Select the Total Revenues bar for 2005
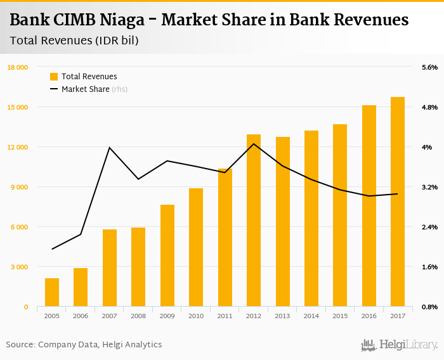pos(52,292)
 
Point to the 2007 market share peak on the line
pos(110,148)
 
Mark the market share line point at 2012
pos(254,143)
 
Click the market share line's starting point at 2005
pos(52,249)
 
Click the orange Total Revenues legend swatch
pos(54,77)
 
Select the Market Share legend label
pos(85,89)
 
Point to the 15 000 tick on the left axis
pos(18,107)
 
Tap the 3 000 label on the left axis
pos(19,267)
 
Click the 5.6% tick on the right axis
pos(429,67)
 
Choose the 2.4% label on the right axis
pos(429,227)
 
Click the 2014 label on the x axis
pos(311,316)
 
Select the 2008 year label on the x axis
pos(138,316)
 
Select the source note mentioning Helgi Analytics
pos(84,344)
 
